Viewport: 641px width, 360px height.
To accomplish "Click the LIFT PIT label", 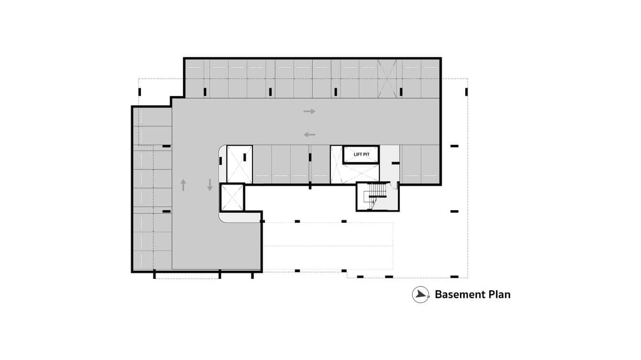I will (x=361, y=154).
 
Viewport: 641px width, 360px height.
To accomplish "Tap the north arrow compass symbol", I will (x=420, y=295).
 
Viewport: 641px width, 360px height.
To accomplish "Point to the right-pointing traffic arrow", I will (x=310, y=111).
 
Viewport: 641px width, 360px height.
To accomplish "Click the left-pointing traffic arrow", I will (x=310, y=135).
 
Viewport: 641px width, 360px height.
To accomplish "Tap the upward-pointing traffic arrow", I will (x=183, y=185).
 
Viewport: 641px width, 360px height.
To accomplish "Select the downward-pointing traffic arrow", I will (x=210, y=185).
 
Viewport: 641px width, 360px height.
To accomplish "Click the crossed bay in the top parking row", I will (x=387, y=79).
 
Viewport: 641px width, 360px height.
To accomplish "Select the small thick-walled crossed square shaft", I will (x=232, y=198).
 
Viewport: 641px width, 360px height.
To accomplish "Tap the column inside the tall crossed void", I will (x=245, y=157).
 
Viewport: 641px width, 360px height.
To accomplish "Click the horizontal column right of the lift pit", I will (x=395, y=163).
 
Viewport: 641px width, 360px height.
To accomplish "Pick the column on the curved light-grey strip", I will (x=220, y=160).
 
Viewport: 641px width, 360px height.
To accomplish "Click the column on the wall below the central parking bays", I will (x=310, y=185).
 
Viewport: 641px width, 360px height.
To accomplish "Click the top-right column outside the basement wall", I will (x=466, y=92).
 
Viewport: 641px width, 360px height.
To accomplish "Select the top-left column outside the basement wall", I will (x=139, y=92).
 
